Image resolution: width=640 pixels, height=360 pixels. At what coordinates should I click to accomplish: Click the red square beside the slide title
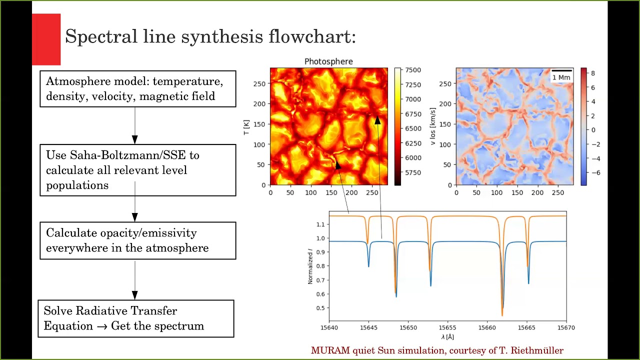coord(46,39)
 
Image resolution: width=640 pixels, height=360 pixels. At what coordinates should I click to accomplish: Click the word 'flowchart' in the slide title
coord(312,36)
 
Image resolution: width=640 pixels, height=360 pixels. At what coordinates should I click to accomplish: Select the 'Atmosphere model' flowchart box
coord(137,89)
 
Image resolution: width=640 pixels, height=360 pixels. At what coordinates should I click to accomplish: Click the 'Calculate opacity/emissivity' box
coord(137,240)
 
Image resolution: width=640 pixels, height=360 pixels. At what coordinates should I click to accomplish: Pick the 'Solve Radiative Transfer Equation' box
coord(135,318)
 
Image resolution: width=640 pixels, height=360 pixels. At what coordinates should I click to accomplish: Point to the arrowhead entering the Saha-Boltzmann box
coord(134,139)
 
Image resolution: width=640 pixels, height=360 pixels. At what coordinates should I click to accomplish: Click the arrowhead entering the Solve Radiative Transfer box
coord(134,295)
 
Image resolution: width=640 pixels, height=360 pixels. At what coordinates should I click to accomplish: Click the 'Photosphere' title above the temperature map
coord(328,61)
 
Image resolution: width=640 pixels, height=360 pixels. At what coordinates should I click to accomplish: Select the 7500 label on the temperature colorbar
coord(413,70)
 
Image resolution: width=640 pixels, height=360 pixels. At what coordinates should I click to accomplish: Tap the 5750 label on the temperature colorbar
coord(413,172)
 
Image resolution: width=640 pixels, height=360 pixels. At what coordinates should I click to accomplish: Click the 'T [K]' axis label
coord(246,126)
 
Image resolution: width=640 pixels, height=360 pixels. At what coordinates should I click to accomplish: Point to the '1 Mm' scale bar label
coord(561,77)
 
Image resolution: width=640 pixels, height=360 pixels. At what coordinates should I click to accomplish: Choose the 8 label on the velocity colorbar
coord(593,73)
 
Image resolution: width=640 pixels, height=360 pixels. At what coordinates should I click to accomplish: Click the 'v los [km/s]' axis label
coord(433,126)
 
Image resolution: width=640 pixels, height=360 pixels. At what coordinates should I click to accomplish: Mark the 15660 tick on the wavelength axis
coord(487,327)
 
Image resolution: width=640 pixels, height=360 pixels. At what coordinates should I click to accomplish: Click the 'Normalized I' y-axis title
coord(310,266)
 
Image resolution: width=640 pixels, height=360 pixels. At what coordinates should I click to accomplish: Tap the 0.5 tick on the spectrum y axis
coord(320,308)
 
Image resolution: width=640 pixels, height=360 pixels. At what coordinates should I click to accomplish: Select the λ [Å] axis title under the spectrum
coord(448,337)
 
